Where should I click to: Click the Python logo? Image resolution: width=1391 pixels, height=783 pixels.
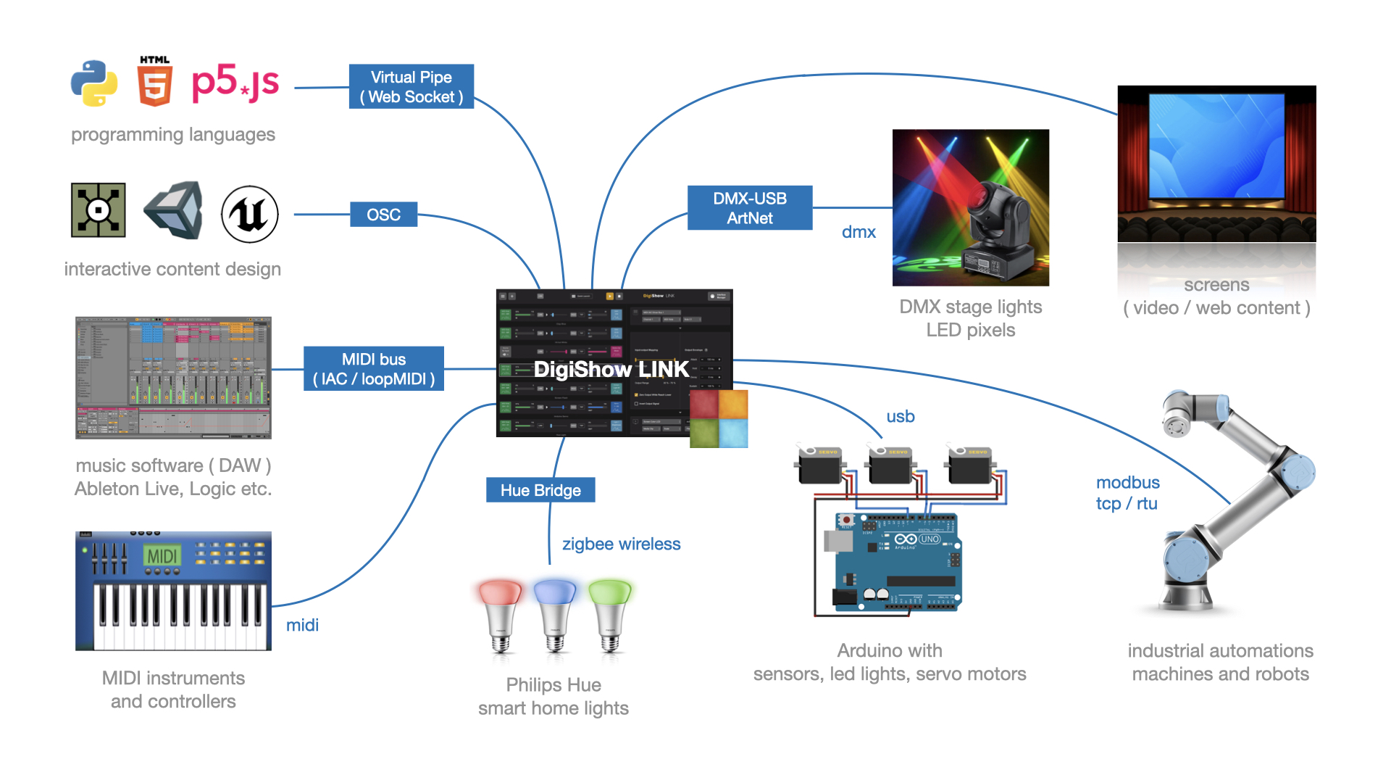click(94, 83)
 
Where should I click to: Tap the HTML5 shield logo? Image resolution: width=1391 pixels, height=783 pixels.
click(154, 83)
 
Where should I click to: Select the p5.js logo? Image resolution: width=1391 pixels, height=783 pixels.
click(235, 83)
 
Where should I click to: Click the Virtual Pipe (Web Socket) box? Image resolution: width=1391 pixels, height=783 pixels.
click(412, 87)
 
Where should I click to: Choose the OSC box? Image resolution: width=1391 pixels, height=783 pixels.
click(383, 215)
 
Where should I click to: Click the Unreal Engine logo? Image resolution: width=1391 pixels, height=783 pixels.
click(249, 214)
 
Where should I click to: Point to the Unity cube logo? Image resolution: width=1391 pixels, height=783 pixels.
click(175, 211)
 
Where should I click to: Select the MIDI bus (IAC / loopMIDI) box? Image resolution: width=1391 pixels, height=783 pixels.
click(374, 369)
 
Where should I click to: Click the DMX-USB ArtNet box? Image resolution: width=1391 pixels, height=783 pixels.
click(750, 208)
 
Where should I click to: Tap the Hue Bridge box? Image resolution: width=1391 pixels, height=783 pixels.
click(540, 490)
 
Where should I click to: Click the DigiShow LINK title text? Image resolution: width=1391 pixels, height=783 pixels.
click(611, 370)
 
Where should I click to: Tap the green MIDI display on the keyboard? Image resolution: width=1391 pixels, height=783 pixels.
click(162, 556)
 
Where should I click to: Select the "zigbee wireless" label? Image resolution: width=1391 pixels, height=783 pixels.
click(621, 544)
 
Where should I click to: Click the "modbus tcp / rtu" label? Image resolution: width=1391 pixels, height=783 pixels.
click(1127, 493)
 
